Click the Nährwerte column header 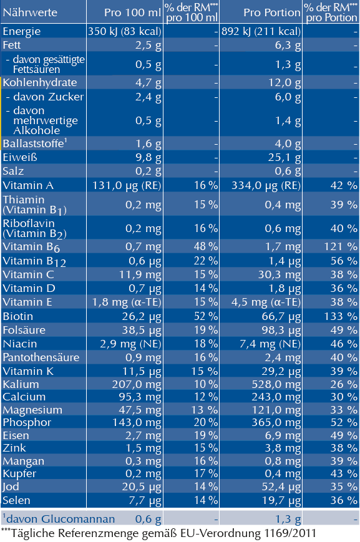click(x=30, y=12)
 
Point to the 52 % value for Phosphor click(x=343, y=422)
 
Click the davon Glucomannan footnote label click(x=59, y=519)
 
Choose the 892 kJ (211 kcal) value click(x=261, y=31)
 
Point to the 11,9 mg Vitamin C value click(x=142, y=274)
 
